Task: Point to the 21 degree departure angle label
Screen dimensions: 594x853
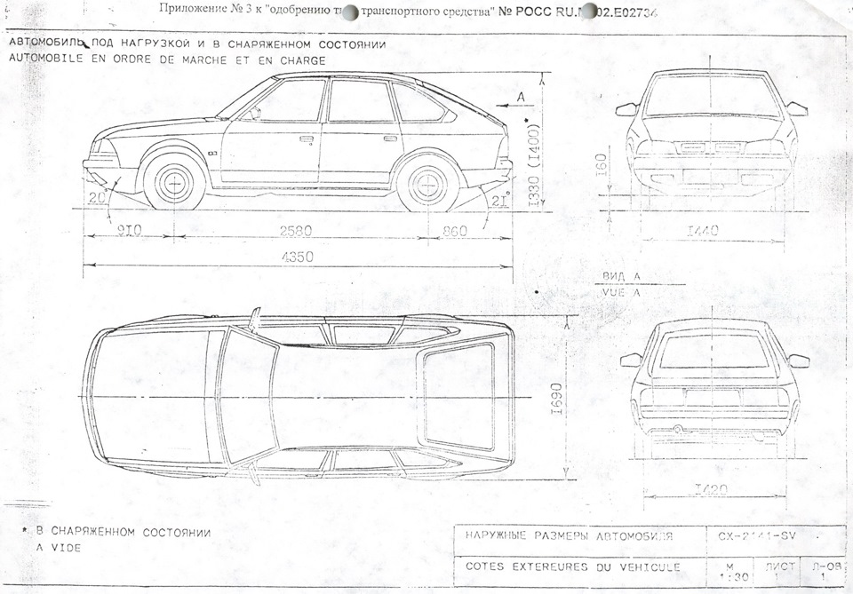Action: [499, 200]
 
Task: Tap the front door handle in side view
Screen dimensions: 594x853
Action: [307, 139]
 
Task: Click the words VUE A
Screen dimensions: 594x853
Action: [620, 291]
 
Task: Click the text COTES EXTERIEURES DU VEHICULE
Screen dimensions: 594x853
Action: [573, 566]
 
